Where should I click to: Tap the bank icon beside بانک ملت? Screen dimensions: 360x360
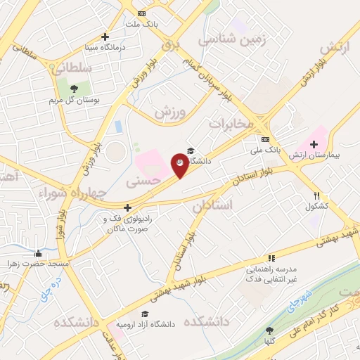point(143,13)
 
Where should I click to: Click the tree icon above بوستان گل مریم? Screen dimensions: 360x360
point(73,88)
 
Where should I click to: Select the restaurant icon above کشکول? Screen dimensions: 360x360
point(318,196)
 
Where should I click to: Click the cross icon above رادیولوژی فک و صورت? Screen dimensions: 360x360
point(127,207)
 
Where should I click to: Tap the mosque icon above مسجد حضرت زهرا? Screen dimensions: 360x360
point(38,253)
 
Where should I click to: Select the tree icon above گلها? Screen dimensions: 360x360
point(270,330)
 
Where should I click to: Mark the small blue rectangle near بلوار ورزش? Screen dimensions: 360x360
point(118,128)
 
